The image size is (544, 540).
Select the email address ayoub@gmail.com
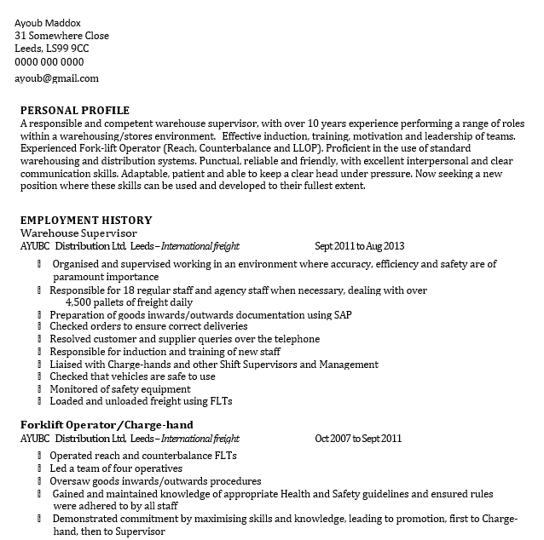pyautogui.click(x=56, y=78)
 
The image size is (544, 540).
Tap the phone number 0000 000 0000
pyautogui.click(x=49, y=61)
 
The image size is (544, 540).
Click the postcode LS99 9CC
pyautogui.click(x=71, y=49)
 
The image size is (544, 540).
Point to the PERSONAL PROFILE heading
pyautogui.click(x=75, y=110)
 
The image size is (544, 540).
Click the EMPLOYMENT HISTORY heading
pyautogui.click(x=86, y=220)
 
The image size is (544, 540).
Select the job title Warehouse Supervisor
pyautogui.click(x=78, y=233)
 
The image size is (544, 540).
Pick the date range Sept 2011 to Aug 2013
pyautogui.click(x=359, y=246)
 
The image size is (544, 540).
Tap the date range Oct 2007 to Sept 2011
pyautogui.click(x=358, y=439)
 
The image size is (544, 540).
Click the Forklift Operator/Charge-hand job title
pyautogui.click(x=107, y=425)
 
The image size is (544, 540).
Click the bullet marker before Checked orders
pyautogui.click(x=40, y=327)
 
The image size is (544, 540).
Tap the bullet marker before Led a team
pyautogui.click(x=40, y=468)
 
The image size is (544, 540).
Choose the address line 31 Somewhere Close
pyautogui.click(x=62, y=36)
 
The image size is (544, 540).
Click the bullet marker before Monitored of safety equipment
pyautogui.click(x=40, y=389)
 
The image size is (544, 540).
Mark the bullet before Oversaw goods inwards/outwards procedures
pyautogui.click(x=40, y=481)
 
